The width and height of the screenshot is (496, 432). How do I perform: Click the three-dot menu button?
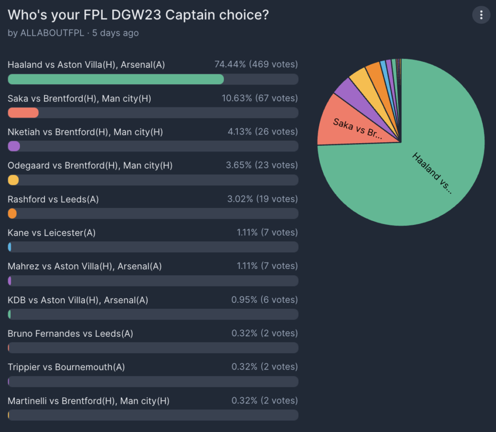(481, 15)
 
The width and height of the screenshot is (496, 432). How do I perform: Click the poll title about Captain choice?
(138, 15)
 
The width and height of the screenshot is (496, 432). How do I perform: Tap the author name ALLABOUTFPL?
(51, 33)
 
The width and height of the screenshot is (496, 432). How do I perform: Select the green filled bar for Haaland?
(116, 79)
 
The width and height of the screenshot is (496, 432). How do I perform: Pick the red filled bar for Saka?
(23, 113)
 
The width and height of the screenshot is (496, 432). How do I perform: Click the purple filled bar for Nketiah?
(14, 146)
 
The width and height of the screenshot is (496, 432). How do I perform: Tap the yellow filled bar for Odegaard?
(14, 180)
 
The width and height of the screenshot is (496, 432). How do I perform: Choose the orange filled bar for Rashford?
(12, 213)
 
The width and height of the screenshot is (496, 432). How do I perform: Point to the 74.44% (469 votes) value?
(256, 64)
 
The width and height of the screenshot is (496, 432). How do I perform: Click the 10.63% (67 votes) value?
(260, 98)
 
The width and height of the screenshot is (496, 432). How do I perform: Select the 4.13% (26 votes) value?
(262, 132)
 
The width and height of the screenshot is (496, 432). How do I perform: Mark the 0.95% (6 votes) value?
(264, 300)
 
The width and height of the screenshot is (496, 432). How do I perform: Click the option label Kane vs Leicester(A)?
(51, 233)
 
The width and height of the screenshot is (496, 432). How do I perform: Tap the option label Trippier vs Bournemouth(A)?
(66, 367)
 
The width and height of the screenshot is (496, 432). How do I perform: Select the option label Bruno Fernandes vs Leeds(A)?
(70, 333)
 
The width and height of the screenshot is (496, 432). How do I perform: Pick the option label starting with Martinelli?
(89, 401)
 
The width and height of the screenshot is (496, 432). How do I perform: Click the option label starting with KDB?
(78, 300)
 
